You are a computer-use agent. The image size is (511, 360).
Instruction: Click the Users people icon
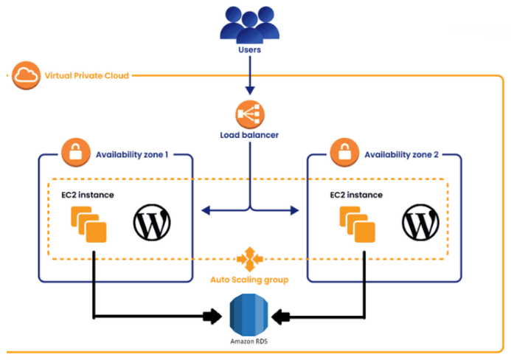pos(251,24)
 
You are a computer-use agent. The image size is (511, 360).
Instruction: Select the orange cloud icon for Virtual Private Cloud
pos(26,75)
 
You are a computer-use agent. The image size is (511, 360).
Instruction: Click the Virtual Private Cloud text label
pos(86,75)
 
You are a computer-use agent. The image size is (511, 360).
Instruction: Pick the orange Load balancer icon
pos(250,114)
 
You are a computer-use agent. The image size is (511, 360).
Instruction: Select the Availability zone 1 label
pos(132,155)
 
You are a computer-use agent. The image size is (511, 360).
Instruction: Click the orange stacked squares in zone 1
pos(88,224)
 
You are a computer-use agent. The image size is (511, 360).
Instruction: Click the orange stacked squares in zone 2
pos(358,224)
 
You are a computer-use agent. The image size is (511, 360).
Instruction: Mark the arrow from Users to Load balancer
pos(251,77)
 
